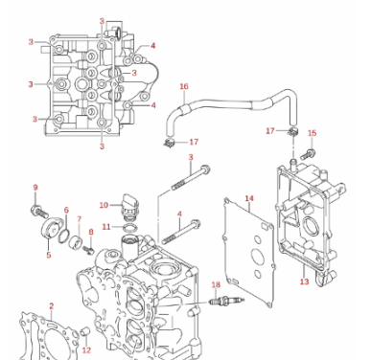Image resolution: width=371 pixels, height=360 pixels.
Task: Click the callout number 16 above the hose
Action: [x=184, y=87]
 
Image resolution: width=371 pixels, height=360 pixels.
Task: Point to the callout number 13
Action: [x=304, y=281]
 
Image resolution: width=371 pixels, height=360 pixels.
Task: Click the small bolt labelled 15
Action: [x=308, y=152]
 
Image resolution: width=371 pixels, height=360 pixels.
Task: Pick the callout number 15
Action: [x=312, y=134]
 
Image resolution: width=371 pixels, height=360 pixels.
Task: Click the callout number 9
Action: [x=35, y=188]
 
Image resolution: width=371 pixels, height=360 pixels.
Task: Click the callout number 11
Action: [x=105, y=227]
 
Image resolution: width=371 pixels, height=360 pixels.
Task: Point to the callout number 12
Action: [x=86, y=350]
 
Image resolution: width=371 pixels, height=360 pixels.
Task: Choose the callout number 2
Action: [x=52, y=306]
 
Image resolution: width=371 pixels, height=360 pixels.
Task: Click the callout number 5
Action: [x=49, y=256]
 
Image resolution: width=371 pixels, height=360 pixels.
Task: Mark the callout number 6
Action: [x=66, y=210]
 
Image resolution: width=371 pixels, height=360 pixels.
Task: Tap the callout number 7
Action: [x=79, y=219]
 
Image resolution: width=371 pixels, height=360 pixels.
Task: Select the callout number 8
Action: [x=91, y=232]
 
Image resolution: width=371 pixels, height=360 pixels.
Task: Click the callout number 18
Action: [x=216, y=284]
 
